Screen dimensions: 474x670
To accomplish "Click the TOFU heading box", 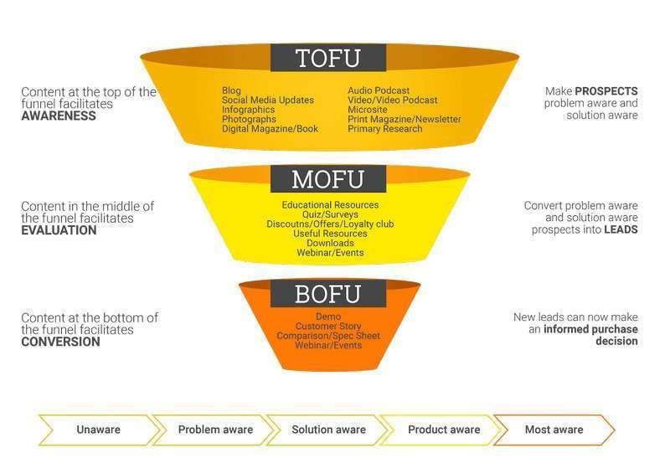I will (327, 58).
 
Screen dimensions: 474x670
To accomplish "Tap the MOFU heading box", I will (327, 179).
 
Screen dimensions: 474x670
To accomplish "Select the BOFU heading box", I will (327, 294).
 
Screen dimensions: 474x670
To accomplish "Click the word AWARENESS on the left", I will (59, 116).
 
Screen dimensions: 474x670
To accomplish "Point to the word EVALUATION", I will (59, 230).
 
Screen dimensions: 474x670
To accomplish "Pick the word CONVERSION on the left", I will (60, 342).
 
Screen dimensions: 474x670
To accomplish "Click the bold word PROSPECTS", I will (606, 90).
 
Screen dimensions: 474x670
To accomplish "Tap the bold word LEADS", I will (621, 229).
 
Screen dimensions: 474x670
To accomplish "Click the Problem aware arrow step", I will (215, 430).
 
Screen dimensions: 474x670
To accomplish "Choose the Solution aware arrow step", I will (328, 430).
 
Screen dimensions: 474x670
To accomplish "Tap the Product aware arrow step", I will (444, 430).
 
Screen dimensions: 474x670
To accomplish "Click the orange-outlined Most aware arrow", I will (554, 430).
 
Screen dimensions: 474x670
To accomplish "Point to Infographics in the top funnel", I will (248, 110).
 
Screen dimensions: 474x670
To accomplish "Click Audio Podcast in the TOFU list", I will (379, 90).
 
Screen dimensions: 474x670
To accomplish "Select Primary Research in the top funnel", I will (385, 129).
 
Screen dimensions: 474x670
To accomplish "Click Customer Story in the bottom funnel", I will (328, 326).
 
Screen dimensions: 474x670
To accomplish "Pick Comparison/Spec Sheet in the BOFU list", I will (328, 336).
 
